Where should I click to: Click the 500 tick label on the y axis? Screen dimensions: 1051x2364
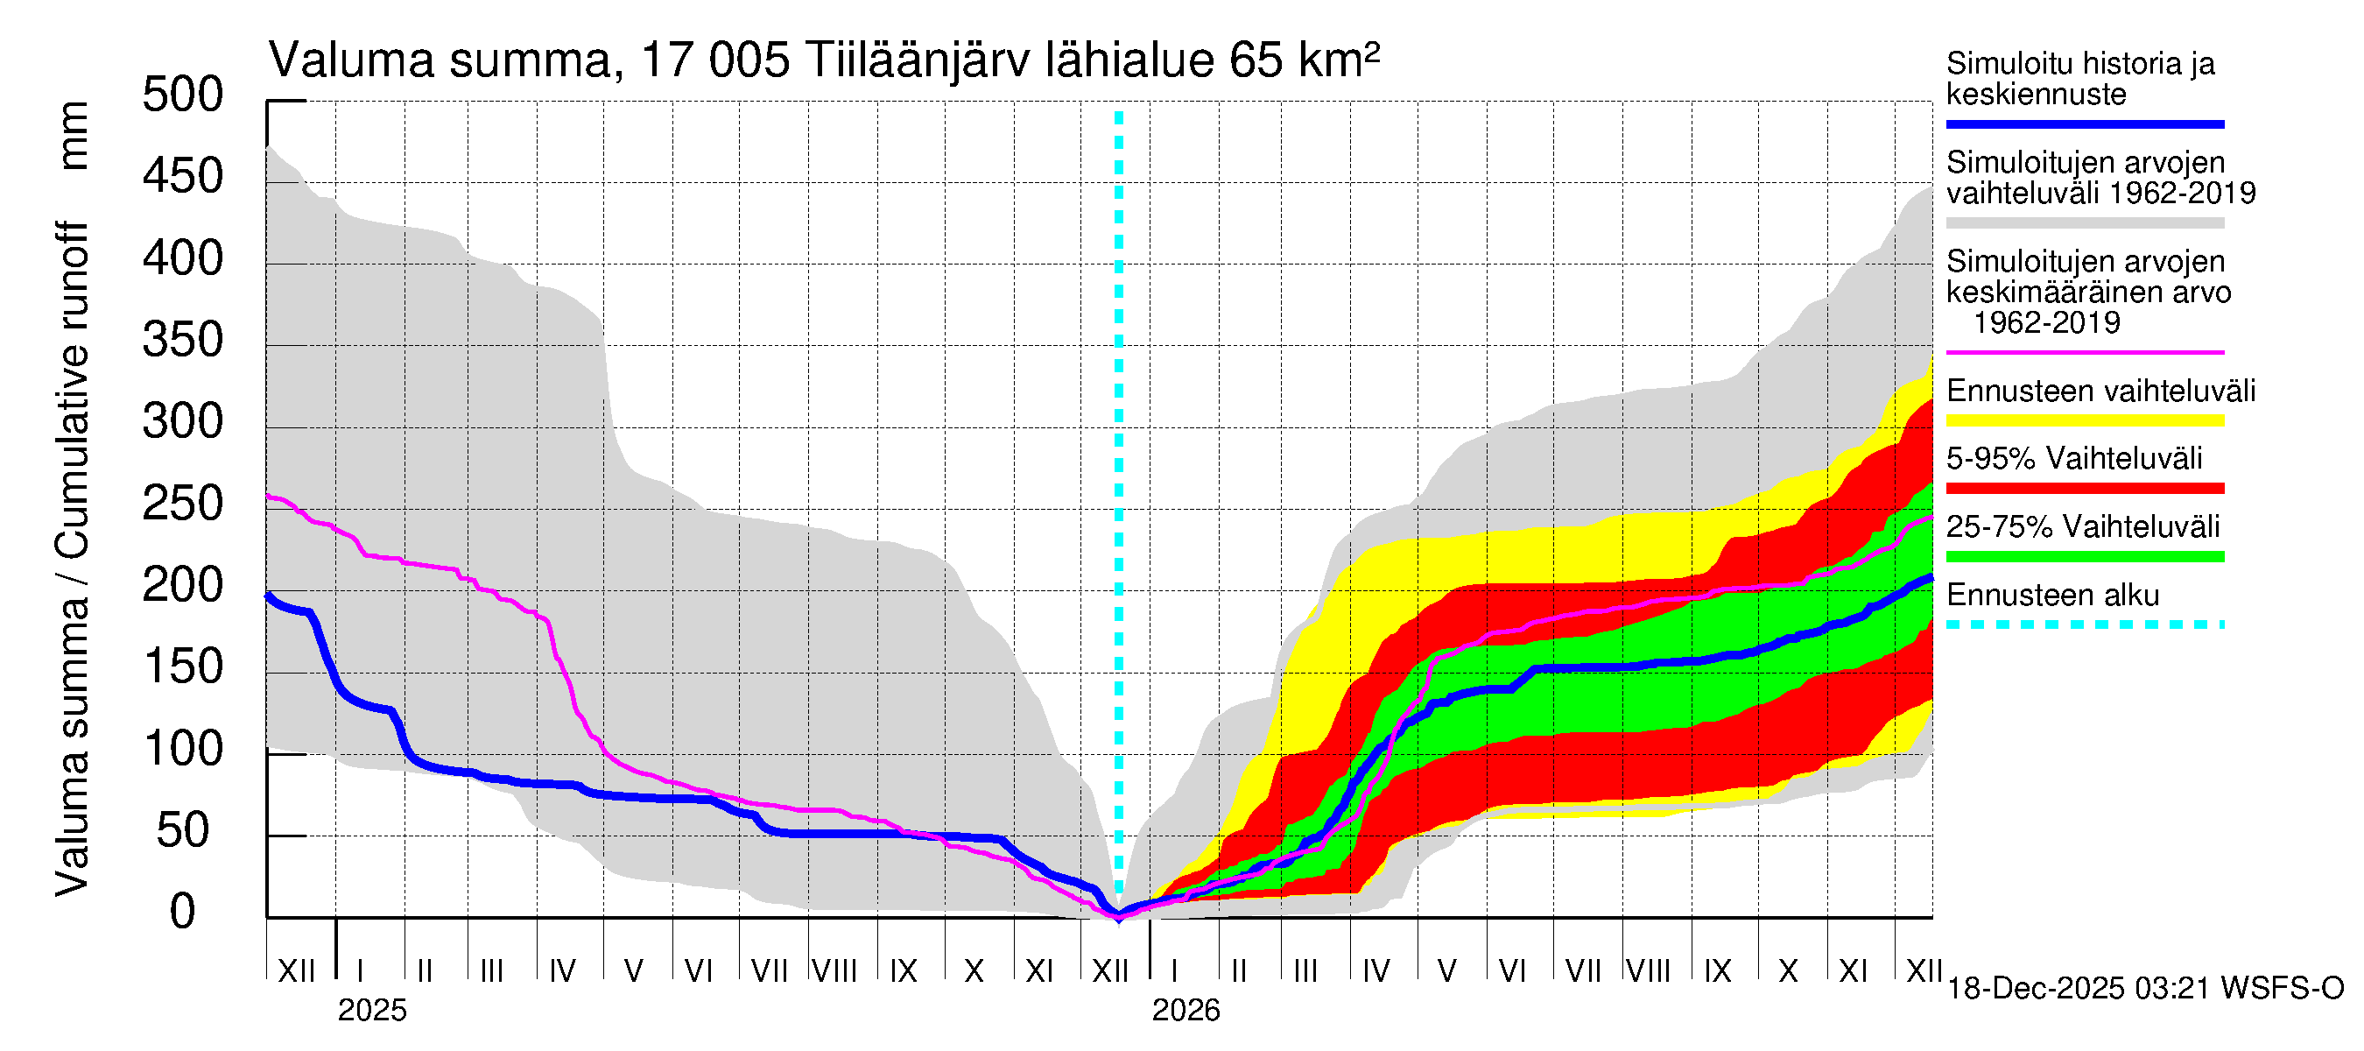coord(183,95)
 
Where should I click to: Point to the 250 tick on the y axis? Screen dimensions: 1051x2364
coord(183,504)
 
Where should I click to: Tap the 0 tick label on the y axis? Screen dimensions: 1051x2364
coord(183,913)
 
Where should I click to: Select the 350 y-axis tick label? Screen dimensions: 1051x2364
coord(183,341)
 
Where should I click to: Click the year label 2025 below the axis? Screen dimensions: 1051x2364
coord(371,1011)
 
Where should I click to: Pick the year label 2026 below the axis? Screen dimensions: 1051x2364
coord(1186,1011)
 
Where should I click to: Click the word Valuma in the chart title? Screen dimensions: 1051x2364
coord(351,60)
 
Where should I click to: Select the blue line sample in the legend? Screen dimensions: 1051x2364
coord(2084,123)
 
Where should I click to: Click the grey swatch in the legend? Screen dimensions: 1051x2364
coord(2084,223)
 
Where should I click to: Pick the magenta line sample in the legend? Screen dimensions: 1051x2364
coord(2084,352)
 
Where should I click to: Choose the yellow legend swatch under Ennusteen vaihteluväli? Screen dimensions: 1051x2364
coord(2084,421)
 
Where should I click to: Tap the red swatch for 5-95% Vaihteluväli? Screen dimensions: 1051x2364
coord(2084,489)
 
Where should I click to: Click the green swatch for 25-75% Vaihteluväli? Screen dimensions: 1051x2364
coord(2084,556)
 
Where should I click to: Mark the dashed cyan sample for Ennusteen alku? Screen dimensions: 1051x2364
coord(2084,625)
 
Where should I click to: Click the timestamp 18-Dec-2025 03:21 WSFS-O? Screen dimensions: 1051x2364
coord(2144,989)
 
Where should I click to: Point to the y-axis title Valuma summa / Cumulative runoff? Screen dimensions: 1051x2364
coord(72,560)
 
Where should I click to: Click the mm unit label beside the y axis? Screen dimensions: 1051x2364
coord(74,136)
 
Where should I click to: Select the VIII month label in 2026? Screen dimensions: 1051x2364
coord(1648,971)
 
